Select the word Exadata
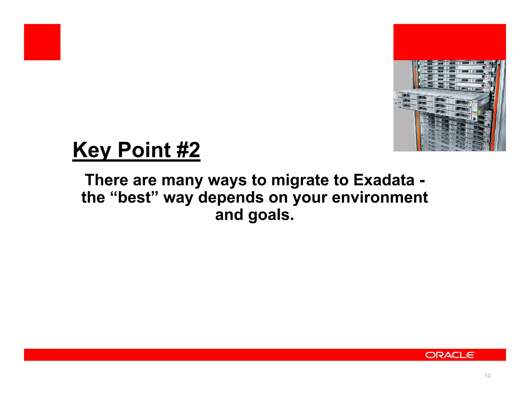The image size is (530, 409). pyautogui.click(x=384, y=180)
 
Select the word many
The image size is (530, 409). pyautogui.click(x=182, y=180)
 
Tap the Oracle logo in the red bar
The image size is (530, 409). pyautogui.click(x=450, y=355)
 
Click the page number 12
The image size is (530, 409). pyautogui.click(x=488, y=376)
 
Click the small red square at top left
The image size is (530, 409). pyautogui.click(x=42, y=42)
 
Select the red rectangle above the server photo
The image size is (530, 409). pyautogui.click(x=450, y=42)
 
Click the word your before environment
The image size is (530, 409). pyautogui.click(x=310, y=198)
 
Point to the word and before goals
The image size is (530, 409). pyautogui.click(x=229, y=215)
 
